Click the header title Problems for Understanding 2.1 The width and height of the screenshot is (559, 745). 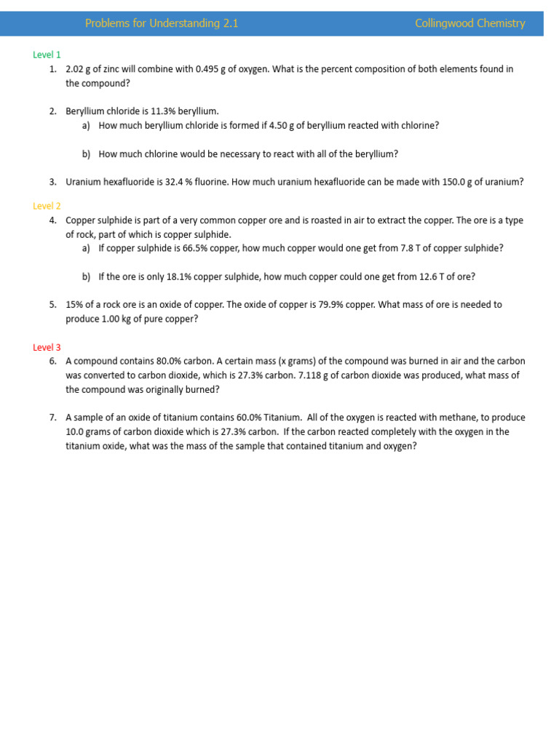point(162,23)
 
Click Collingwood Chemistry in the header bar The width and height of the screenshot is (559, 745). point(469,23)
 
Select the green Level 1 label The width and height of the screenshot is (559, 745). point(47,55)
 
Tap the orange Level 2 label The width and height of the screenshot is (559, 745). point(47,206)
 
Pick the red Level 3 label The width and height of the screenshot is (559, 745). point(47,347)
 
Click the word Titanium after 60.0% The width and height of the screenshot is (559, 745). point(282,418)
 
